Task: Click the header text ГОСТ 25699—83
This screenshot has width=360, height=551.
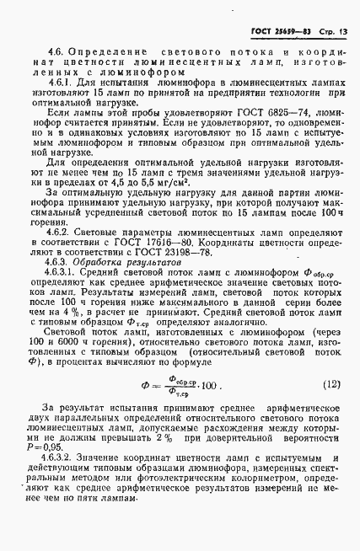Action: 283,32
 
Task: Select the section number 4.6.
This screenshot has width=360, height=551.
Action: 58,53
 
